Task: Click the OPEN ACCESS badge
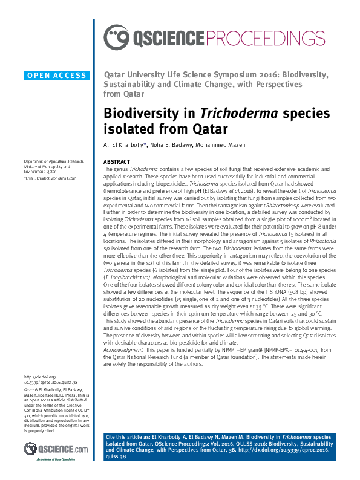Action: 56,75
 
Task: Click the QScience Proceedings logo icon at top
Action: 116,38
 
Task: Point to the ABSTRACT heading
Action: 116,162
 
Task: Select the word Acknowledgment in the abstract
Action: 123,350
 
